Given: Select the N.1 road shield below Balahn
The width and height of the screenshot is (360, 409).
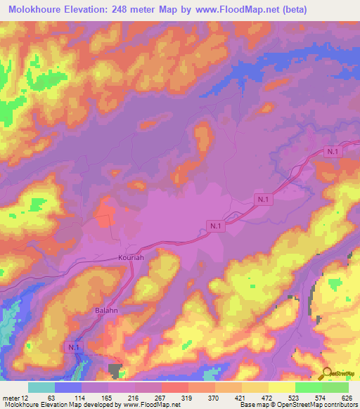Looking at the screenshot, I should [x=74, y=346].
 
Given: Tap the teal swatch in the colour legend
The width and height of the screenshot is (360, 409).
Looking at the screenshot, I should [x=41, y=387].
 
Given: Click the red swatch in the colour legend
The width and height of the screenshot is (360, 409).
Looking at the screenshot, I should [x=175, y=387].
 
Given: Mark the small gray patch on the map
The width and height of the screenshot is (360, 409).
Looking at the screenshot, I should [x=116, y=370].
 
